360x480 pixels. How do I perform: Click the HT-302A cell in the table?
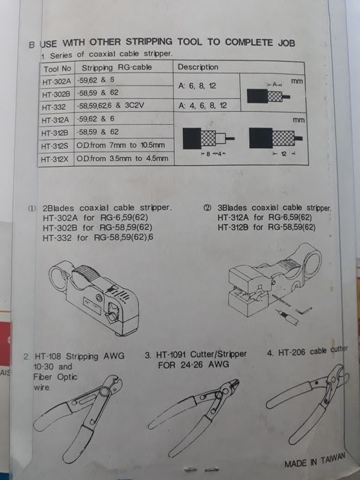click(57, 81)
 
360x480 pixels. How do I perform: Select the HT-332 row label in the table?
click(54, 107)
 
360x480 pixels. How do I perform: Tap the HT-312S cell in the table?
click(57, 145)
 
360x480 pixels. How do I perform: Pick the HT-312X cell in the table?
click(57, 159)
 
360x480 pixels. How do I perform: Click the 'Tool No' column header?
click(57, 68)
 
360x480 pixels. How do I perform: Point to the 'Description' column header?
click(198, 67)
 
